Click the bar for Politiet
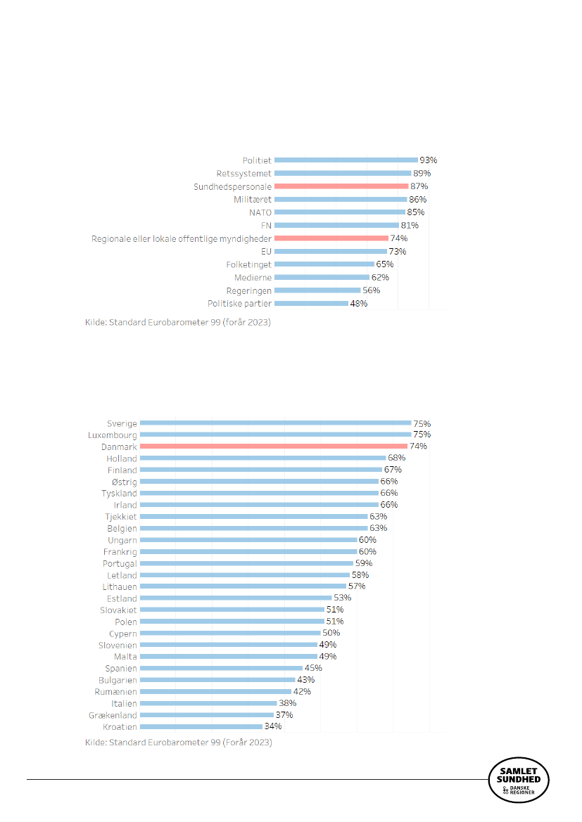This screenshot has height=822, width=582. click(x=346, y=160)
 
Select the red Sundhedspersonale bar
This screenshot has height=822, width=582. click(x=341, y=186)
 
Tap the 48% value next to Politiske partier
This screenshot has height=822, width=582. click(x=358, y=304)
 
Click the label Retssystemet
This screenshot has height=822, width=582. click(x=243, y=173)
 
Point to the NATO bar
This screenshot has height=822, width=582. click(x=339, y=212)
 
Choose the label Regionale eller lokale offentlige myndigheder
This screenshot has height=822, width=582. click(x=182, y=238)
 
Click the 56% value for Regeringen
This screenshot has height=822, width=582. click(x=371, y=290)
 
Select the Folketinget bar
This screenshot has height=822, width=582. click(x=324, y=264)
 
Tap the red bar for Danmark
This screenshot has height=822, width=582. click(x=274, y=447)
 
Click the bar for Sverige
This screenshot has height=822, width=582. click(x=275, y=423)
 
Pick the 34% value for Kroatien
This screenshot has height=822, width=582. click(x=273, y=726)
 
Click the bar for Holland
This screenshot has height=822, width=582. click(x=263, y=458)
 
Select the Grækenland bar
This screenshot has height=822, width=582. click(x=207, y=715)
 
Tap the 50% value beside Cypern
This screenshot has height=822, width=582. click(x=331, y=634)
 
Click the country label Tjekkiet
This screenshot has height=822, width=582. click(x=120, y=517)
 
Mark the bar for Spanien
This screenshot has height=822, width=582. click(x=221, y=669)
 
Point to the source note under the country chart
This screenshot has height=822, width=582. click(x=178, y=743)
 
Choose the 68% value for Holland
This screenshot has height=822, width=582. click(x=397, y=458)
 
